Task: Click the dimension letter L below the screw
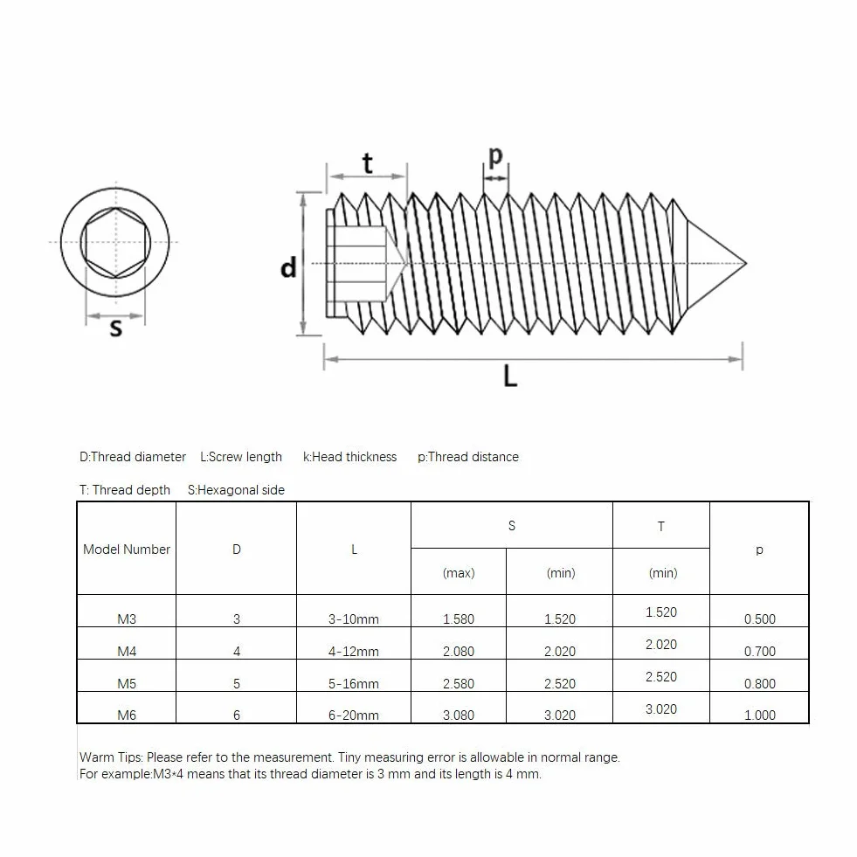(510, 376)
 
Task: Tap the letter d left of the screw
(288, 268)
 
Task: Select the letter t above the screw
(367, 163)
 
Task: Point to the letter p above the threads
(495, 156)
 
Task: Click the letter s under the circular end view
(116, 328)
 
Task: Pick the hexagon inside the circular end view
(115, 242)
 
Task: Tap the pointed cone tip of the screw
(745, 264)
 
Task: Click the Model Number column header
(127, 549)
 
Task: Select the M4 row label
(127, 652)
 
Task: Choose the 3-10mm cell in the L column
(354, 619)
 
